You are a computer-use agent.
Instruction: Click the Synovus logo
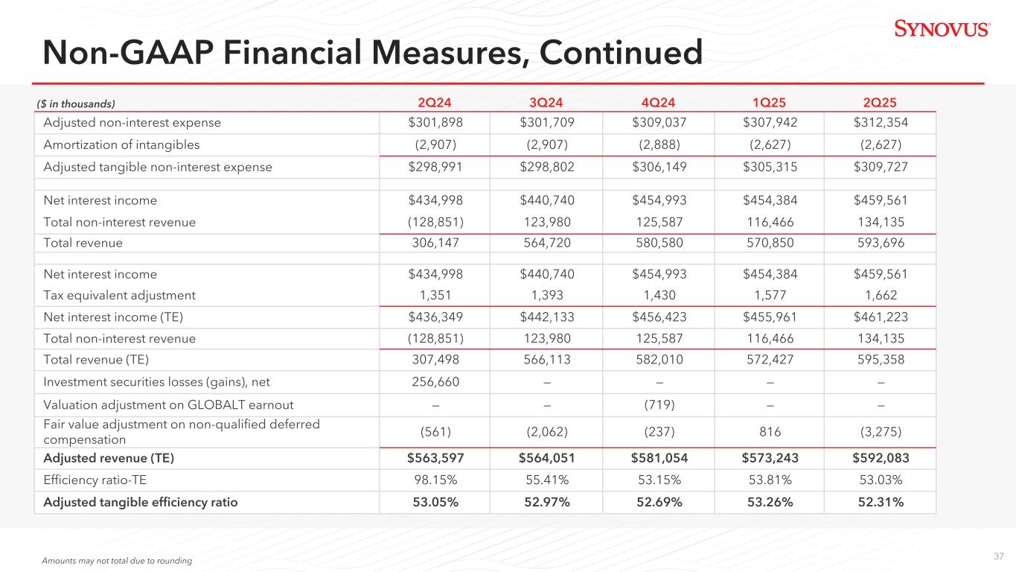942,29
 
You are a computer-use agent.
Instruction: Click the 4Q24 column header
658,103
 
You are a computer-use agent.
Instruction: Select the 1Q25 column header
770,103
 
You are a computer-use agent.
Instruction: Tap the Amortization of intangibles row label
122,144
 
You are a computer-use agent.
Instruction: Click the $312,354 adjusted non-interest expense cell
881,123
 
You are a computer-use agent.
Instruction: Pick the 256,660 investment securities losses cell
435,382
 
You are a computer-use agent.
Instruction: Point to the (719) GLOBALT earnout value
658,405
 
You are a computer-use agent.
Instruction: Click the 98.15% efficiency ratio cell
435,480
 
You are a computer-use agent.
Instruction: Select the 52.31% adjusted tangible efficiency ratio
881,502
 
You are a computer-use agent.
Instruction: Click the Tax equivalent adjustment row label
120,296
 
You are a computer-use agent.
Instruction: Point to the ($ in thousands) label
75,104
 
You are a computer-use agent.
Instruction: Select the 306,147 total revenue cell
435,243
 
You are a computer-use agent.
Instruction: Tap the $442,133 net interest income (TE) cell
546,317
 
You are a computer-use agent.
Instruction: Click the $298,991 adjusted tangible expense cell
435,167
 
